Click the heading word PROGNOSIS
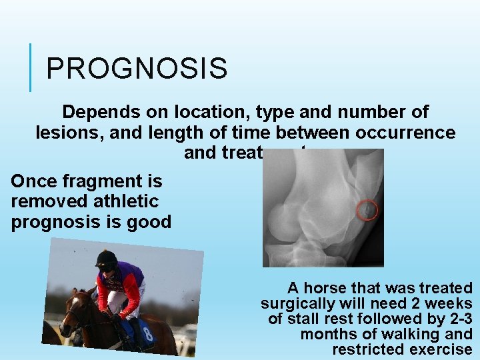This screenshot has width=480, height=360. (x=137, y=68)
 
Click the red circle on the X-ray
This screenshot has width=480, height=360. (x=367, y=211)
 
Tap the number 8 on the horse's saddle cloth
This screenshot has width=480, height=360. (x=147, y=333)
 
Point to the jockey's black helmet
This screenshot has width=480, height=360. (x=106, y=259)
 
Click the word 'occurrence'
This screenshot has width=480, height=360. (x=407, y=133)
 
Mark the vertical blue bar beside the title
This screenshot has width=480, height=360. (x=31, y=67)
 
